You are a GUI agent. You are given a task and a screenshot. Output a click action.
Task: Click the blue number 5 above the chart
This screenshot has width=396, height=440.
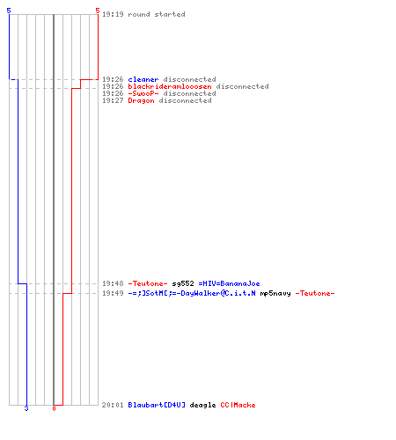[x=9, y=11]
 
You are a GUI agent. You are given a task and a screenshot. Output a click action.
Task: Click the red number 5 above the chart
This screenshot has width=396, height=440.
[x=98, y=11]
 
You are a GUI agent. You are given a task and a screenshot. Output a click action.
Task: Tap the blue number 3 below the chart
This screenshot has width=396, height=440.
[x=26, y=408]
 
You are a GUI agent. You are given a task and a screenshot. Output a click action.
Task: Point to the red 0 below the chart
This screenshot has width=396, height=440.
[x=54, y=408]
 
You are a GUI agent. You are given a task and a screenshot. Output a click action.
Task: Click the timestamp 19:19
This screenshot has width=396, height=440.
[x=113, y=14]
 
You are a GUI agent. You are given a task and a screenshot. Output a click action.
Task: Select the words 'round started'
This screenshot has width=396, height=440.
[x=157, y=14]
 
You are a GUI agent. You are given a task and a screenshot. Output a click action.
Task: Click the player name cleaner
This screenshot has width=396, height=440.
[x=143, y=79]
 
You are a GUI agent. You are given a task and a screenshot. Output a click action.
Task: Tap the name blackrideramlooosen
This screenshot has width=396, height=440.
[x=170, y=86]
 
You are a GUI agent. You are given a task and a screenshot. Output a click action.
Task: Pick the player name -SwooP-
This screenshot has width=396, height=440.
[x=143, y=93]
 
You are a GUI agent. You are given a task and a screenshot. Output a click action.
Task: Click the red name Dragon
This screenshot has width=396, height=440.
[x=141, y=100]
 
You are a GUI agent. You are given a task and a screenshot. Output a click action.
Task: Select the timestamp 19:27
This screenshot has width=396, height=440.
[x=113, y=100]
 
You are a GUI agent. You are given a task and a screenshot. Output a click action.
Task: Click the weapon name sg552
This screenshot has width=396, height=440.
[x=183, y=283]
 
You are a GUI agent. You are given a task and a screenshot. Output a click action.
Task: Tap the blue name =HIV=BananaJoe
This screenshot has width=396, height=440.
[x=229, y=283]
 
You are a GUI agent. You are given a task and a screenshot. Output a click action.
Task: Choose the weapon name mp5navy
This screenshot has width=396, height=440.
[x=275, y=293]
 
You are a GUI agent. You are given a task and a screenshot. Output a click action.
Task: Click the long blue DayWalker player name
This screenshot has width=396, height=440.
[x=192, y=293]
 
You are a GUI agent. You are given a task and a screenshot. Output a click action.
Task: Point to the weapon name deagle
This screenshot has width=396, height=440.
[x=202, y=405]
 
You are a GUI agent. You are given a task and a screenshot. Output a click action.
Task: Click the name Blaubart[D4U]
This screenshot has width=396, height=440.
[x=157, y=405]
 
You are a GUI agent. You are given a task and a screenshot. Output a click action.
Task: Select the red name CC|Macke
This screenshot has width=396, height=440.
[x=238, y=405]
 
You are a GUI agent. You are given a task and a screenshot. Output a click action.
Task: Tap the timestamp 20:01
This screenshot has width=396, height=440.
[x=113, y=405]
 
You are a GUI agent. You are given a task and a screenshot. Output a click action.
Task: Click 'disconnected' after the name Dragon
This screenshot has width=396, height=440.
[x=185, y=100]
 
